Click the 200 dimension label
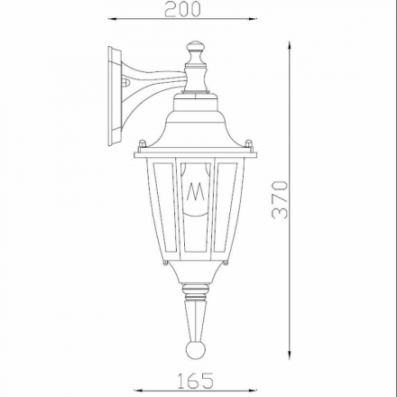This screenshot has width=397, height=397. tap(182, 8)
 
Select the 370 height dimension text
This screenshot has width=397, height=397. tap(280, 199)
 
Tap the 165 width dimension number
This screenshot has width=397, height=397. tap(196, 380)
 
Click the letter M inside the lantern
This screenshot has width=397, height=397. tap(196, 191)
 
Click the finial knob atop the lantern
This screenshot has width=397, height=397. tap(196, 48)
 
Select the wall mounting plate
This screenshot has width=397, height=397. tap(115, 97)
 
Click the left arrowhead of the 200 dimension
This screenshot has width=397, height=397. tap(113, 19)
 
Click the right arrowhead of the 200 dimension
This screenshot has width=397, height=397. tap(253, 19)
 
